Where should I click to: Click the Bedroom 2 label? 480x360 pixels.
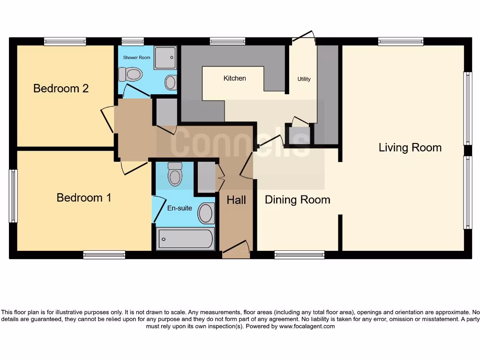61,88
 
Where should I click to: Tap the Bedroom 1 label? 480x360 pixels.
84,197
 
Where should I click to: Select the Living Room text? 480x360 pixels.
410,148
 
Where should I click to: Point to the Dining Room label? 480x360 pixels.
297,200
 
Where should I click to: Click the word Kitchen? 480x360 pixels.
234,78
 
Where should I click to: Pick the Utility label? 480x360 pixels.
304,79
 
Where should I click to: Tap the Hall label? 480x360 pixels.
236,200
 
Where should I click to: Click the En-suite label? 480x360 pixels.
180,208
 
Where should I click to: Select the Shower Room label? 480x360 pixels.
136,57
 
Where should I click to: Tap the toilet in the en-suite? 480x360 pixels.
175,175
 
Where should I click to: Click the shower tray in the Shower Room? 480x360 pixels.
165,58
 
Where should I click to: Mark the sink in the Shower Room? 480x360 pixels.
171,82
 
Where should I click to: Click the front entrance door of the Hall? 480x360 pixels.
237,249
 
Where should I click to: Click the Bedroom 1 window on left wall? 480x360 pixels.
14,196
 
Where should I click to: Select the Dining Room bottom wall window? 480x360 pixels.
299,255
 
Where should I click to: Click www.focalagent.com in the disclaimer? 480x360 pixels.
307,326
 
